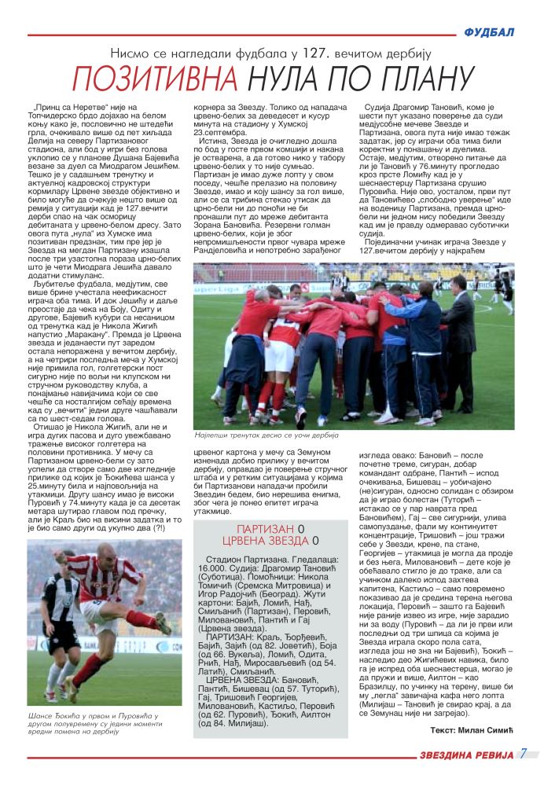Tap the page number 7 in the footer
click(x=523, y=754)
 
